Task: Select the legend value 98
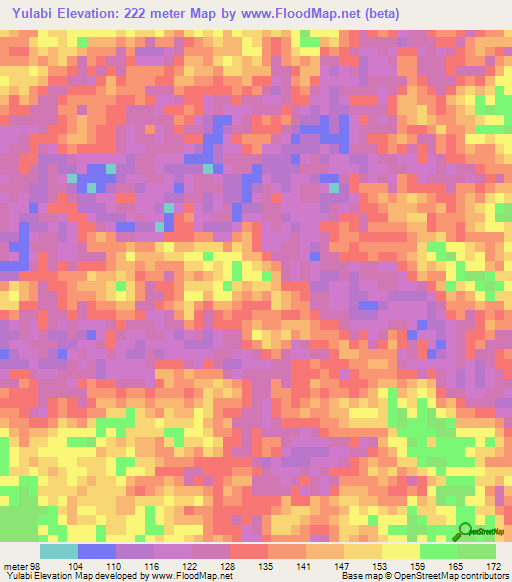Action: pos(35,565)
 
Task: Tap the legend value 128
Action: pos(227,565)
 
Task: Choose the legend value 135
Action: pos(266,565)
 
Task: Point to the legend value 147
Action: pos(343,565)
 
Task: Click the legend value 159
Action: pos(420,565)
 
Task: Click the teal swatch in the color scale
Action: pos(59,551)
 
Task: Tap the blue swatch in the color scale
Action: pos(97,551)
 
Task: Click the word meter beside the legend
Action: pos(14,565)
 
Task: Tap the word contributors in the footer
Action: pos(484,576)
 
